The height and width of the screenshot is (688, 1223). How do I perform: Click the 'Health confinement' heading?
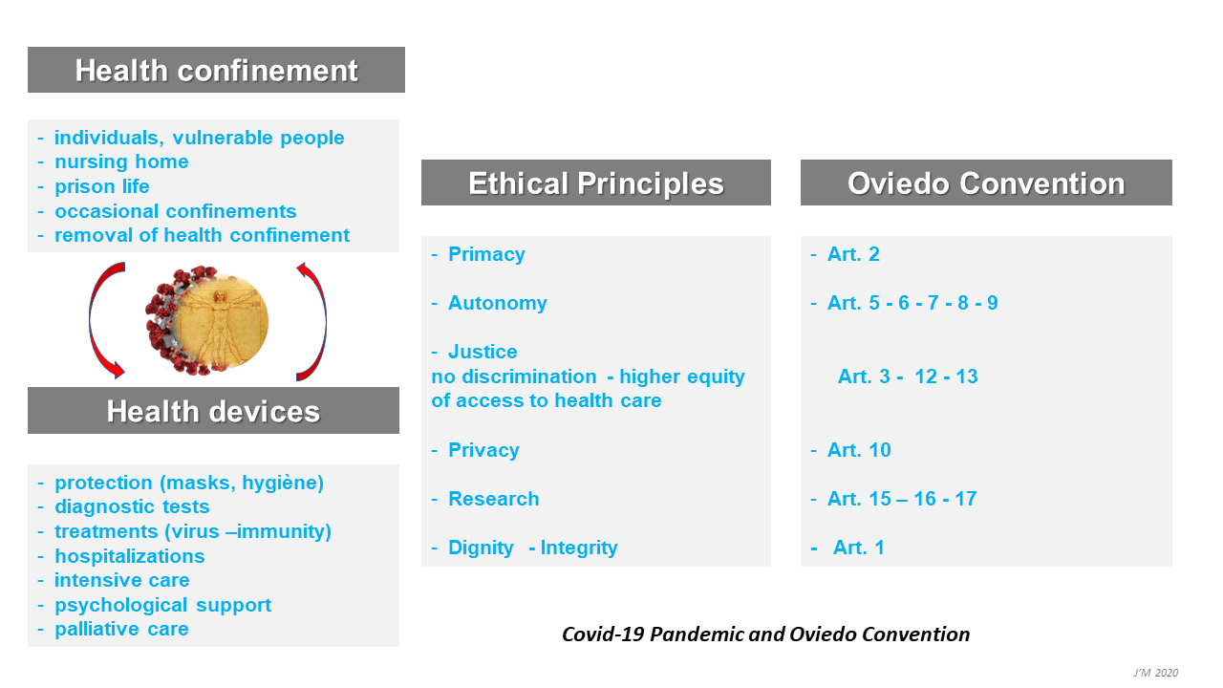click(216, 70)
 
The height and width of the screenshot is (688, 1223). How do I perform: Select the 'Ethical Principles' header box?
click(595, 183)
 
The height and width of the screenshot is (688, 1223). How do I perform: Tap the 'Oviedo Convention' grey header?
click(986, 183)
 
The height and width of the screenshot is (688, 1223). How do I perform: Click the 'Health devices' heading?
click(213, 411)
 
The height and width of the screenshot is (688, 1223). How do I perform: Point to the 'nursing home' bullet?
click(121, 161)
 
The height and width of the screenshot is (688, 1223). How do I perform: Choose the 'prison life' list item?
click(102, 186)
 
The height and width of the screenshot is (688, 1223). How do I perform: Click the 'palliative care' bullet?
click(121, 629)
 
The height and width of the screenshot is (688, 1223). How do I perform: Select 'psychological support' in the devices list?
click(162, 605)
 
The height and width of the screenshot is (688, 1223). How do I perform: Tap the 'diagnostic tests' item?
click(132, 506)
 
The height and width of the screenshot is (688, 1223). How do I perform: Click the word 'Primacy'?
click(486, 254)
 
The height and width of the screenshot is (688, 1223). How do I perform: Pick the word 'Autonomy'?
click(498, 303)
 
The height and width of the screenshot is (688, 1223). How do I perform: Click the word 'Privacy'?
click(483, 450)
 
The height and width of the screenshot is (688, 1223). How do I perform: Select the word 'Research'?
click(494, 499)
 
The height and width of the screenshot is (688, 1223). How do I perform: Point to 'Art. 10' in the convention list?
click(859, 450)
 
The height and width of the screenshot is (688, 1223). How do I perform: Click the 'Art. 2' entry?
click(853, 254)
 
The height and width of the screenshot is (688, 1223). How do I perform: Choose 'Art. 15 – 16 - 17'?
click(902, 499)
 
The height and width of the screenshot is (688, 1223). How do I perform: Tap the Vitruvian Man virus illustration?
click(207, 320)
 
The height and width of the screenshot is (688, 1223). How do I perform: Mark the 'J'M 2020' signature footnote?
click(1155, 673)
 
